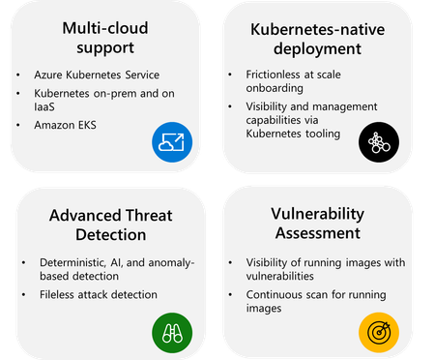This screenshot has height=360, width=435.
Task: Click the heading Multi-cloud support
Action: (x=101, y=37)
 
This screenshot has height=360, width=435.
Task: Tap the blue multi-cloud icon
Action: (x=173, y=142)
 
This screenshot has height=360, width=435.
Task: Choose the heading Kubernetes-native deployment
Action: (x=322, y=37)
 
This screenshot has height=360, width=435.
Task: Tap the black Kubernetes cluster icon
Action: (x=378, y=142)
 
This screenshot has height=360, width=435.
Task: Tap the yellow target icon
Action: (x=378, y=332)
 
